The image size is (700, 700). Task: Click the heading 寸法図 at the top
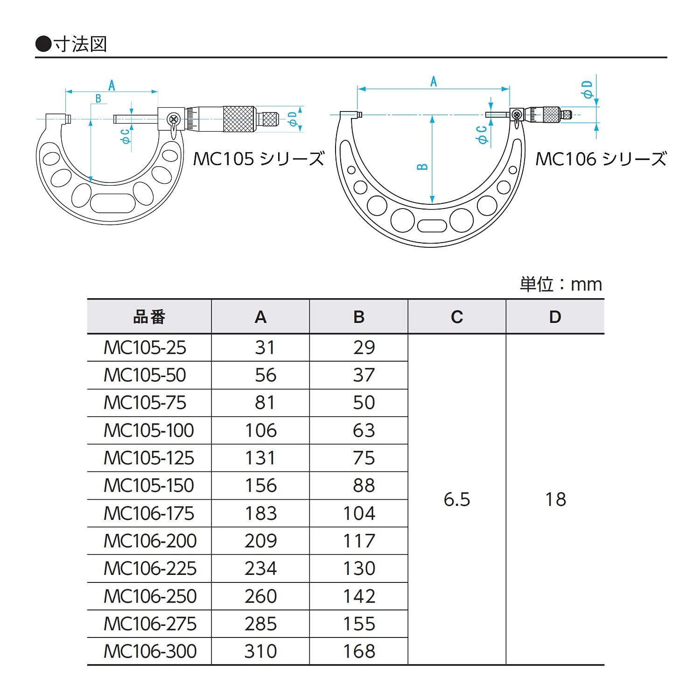[x=80, y=44]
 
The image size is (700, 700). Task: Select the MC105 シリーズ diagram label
[x=259, y=159]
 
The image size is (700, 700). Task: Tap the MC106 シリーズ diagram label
[x=601, y=159]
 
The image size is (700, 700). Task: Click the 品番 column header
[x=149, y=317]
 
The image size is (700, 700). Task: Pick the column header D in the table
[x=555, y=317]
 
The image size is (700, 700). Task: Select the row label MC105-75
[x=145, y=402]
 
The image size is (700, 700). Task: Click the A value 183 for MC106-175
[x=261, y=513]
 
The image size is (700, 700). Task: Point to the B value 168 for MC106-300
[x=359, y=651]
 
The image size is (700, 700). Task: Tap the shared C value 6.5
[x=456, y=499]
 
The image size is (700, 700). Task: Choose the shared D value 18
[x=555, y=499]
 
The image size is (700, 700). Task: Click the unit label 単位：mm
[x=561, y=284]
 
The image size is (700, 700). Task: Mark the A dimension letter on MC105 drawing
[x=112, y=85]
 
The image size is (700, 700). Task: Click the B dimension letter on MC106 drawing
[x=422, y=167]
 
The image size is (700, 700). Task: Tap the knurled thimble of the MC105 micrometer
[x=239, y=119]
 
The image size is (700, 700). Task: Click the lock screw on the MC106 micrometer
[x=517, y=114]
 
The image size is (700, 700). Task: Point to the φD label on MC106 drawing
[x=588, y=89]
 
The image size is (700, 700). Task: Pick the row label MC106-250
[x=150, y=596]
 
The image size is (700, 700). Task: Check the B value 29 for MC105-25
[x=364, y=347]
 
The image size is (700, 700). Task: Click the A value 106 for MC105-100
[x=261, y=430]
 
